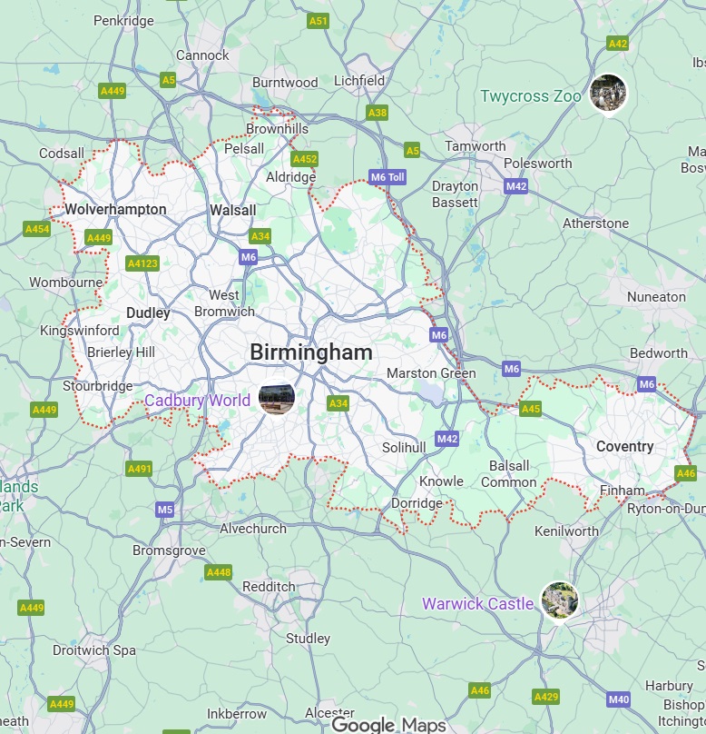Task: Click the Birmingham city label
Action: point(310,352)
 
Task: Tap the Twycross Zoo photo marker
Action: point(607,94)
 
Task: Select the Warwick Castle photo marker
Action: point(559,601)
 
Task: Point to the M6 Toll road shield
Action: point(387,177)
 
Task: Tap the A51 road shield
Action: point(318,20)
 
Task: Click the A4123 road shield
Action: point(142,263)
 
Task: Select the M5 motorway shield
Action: point(164,510)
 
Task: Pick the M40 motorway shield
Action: point(619,699)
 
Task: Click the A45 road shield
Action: point(530,409)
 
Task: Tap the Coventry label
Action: point(624,447)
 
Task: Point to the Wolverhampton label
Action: point(115,210)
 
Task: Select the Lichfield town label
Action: point(359,80)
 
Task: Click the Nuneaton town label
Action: point(656,297)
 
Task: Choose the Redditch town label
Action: point(269,587)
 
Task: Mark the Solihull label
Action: point(403,448)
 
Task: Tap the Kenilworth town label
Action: point(566,531)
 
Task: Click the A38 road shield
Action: point(378,113)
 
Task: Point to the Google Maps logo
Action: point(388,724)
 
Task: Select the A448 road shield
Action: point(219,572)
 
